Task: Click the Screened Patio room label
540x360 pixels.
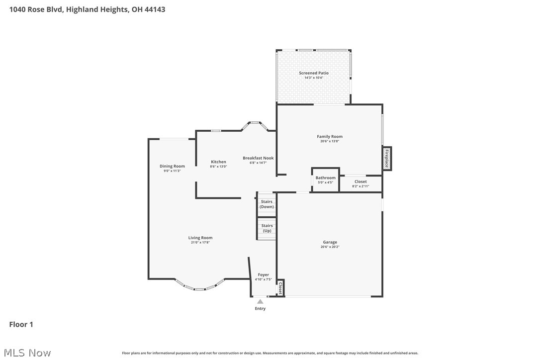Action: pyautogui.click(x=313, y=73)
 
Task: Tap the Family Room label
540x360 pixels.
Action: pyautogui.click(x=330, y=137)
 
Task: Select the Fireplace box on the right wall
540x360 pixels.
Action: pyautogui.click(x=387, y=159)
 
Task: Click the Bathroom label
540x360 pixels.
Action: pyautogui.click(x=325, y=178)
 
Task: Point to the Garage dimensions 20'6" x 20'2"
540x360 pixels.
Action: pyautogui.click(x=330, y=247)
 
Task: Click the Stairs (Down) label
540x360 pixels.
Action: pyautogui.click(x=267, y=204)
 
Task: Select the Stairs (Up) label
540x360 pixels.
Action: pyautogui.click(x=267, y=228)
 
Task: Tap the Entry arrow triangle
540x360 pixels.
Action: pyautogui.click(x=260, y=301)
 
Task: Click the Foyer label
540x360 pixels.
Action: pyautogui.click(x=263, y=275)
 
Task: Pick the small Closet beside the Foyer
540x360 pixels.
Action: pyautogui.click(x=280, y=288)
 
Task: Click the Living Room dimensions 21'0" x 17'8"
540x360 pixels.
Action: pyautogui.click(x=200, y=242)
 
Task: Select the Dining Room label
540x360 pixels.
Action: pyautogui.click(x=172, y=167)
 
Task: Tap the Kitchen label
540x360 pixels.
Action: pyautogui.click(x=218, y=162)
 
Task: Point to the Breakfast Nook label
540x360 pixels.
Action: pyautogui.click(x=258, y=158)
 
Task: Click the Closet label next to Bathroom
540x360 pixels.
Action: pyautogui.click(x=360, y=182)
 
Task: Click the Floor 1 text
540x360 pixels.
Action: pyautogui.click(x=21, y=325)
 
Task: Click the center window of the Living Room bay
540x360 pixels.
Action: pyautogui.click(x=199, y=289)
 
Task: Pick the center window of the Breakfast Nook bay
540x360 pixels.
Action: pyautogui.click(x=255, y=122)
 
